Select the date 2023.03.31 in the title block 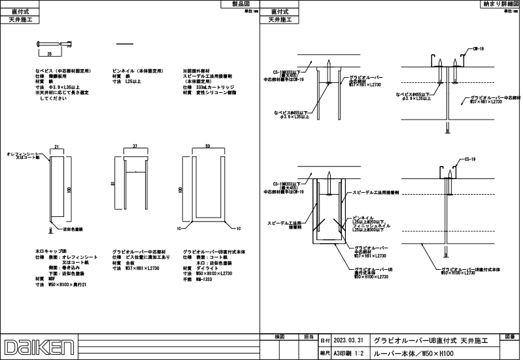pyautogui.click(x=347, y=340)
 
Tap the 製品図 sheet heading pyautogui.click(x=240, y=4)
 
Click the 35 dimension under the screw pyautogui.click(x=49, y=53)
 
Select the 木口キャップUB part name pyautogui.click(x=51, y=251)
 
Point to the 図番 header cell pyautogui.click(x=511, y=337)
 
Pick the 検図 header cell pyautogui.click(x=278, y=336)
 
